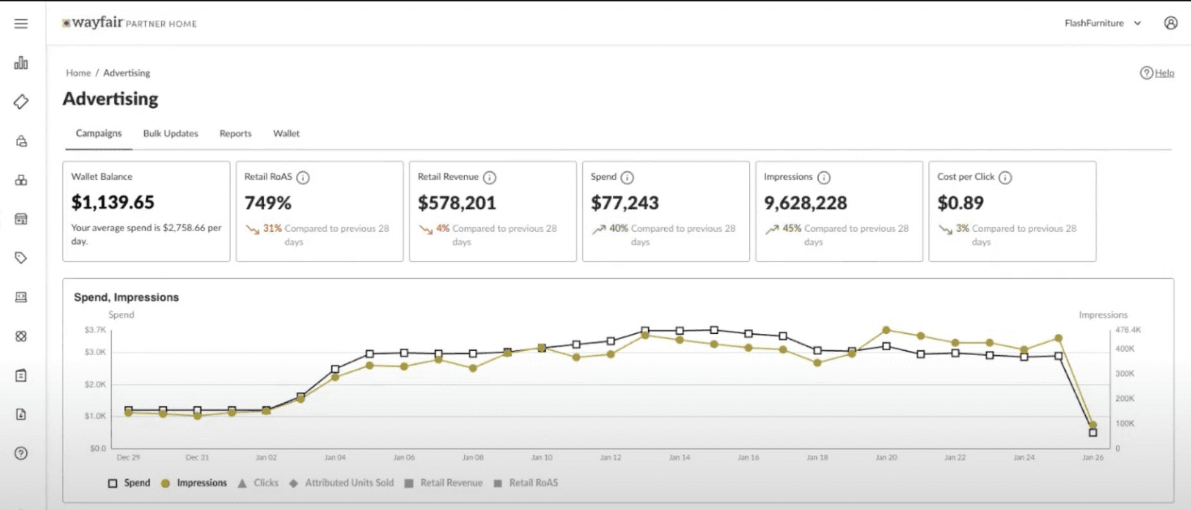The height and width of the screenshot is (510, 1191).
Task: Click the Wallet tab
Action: pos(286,134)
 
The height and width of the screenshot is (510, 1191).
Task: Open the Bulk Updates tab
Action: pos(171,134)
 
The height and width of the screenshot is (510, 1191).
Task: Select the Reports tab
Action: pos(236,134)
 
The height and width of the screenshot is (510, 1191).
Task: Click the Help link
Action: pos(1164,73)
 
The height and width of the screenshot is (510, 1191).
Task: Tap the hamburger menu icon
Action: pos(21,24)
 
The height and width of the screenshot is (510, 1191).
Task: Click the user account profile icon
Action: pos(1170,23)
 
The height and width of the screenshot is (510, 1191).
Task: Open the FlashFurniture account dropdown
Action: pos(1102,23)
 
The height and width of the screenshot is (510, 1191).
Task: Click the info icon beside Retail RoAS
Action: pos(303,178)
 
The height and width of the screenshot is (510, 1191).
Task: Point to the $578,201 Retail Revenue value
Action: pos(457,203)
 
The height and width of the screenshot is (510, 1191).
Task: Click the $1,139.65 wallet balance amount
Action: pos(113,202)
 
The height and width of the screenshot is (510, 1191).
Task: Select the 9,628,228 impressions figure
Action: pos(805,203)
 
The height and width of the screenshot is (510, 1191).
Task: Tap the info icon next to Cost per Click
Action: pos(1005,178)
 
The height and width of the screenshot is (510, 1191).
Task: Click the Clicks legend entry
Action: pos(259,483)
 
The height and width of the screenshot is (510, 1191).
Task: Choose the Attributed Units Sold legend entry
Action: pos(342,483)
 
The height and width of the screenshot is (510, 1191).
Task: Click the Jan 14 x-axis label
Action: pos(679,458)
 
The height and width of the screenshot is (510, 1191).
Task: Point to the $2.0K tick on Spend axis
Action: pos(96,384)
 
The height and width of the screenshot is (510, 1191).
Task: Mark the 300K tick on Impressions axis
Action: pos(1124,374)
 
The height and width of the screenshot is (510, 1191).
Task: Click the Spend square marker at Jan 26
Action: pos(1093,433)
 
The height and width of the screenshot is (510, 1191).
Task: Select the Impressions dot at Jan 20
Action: pos(886,330)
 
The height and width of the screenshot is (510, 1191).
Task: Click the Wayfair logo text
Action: pos(97,23)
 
